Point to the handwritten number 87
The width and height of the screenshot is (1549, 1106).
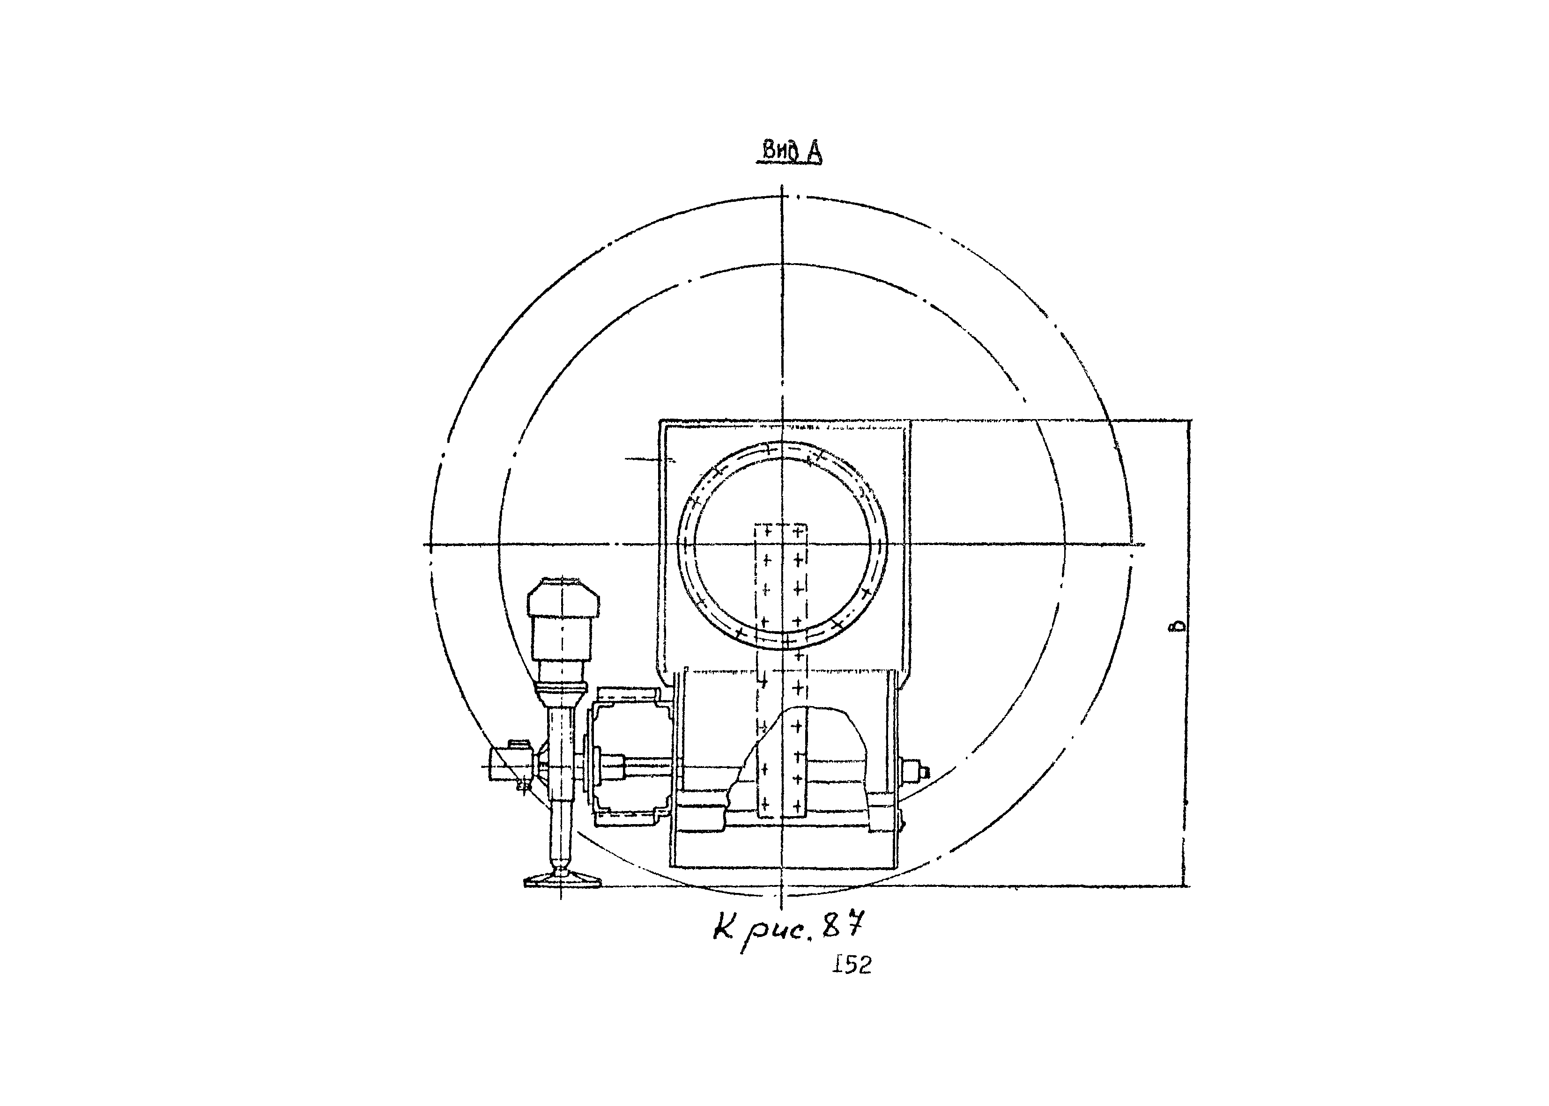coord(845,926)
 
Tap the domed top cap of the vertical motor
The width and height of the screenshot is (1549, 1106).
coord(563,595)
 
